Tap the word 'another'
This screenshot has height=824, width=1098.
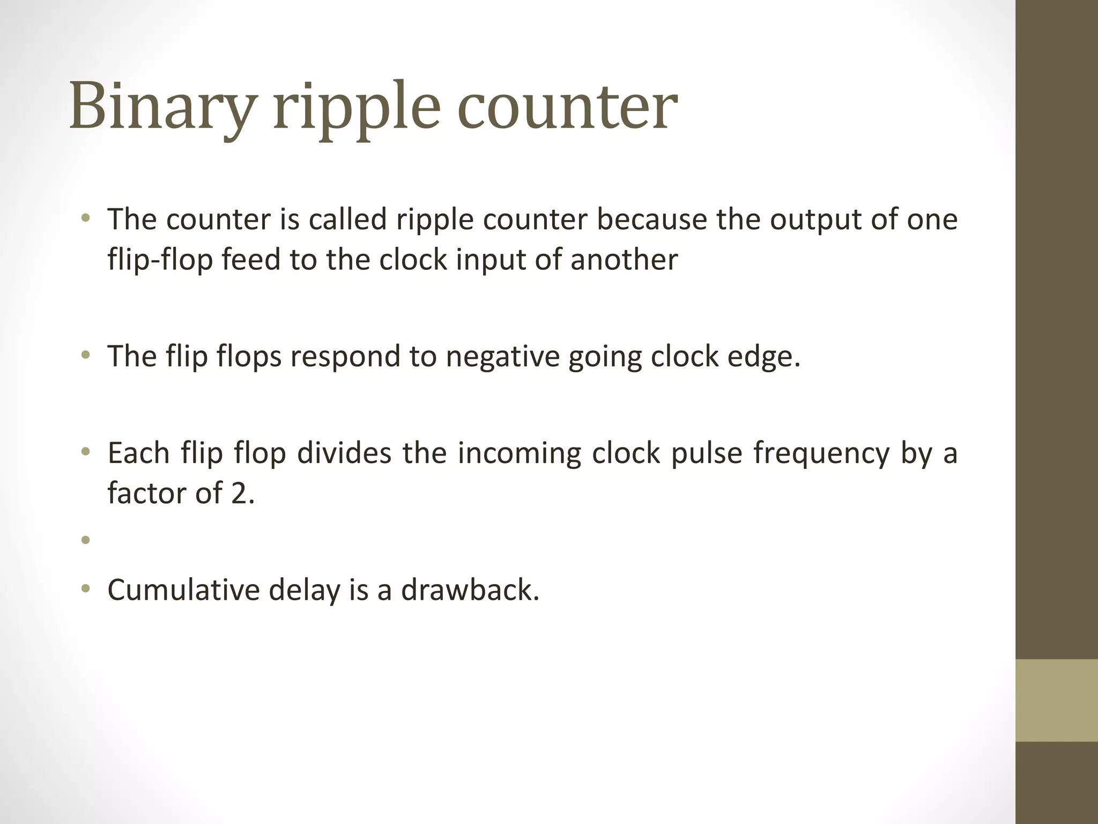click(x=624, y=260)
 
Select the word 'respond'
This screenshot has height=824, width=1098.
click(x=345, y=357)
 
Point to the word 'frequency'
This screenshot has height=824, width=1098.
click(x=821, y=454)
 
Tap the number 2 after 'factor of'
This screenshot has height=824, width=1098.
click(x=242, y=493)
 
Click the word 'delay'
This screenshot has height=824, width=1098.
click(x=304, y=590)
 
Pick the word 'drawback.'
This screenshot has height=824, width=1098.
click(x=470, y=590)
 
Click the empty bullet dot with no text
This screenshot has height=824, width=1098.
click(x=85, y=540)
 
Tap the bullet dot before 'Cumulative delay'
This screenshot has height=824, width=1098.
click(x=85, y=590)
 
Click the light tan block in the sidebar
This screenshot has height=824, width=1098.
click(x=1056, y=700)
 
